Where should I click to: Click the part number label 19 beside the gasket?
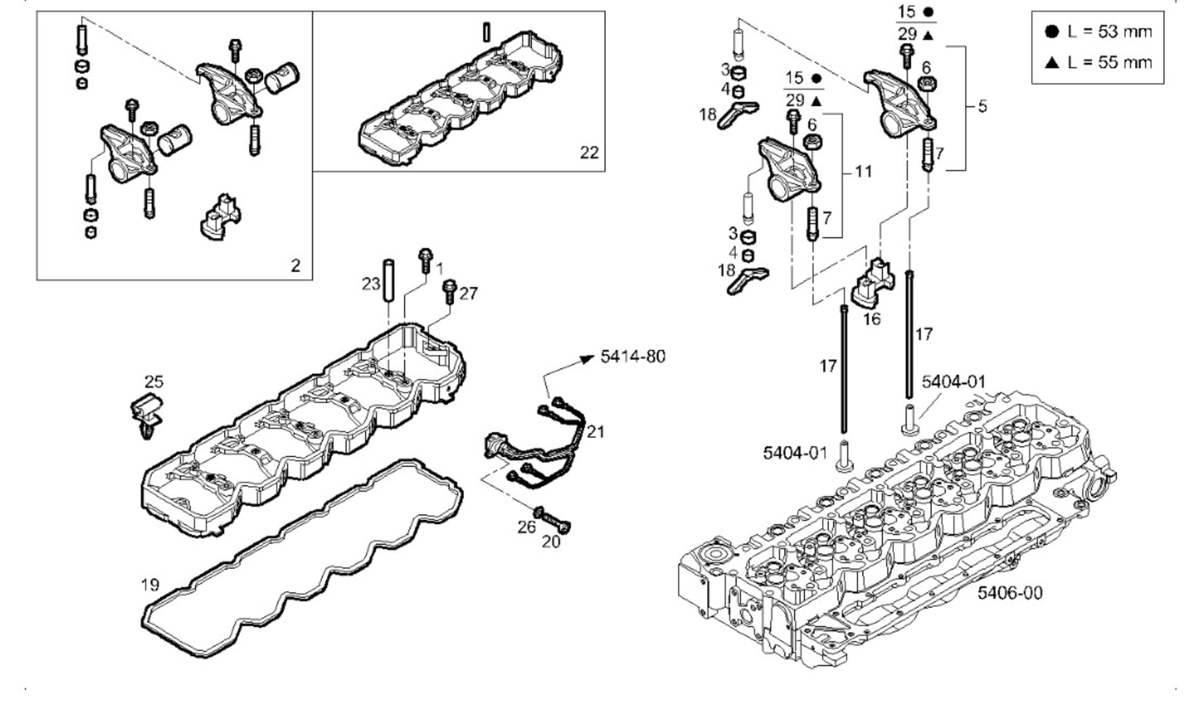pyautogui.click(x=150, y=584)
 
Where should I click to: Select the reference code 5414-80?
pyautogui.click(x=633, y=356)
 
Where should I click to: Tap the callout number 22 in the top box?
pyautogui.click(x=589, y=152)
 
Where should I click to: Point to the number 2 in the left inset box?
pyautogui.click(x=295, y=265)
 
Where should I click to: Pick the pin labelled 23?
pyautogui.click(x=389, y=280)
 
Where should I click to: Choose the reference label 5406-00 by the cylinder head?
pyautogui.click(x=1009, y=592)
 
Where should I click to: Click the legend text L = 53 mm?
pyautogui.click(x=1109, y=31)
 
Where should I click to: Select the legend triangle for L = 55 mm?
pyautogui.click(x=1052, y=62)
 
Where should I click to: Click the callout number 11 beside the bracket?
pyautogui.click(x=863, y=171)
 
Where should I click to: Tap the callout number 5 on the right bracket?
pyautogui.click(x=982, y=107)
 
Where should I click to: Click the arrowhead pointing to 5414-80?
pyautogui.click(x=586, y=358)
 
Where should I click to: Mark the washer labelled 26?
pyautogui.click(x=539, y=512)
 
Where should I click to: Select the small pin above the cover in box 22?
pyautogui.click(x=486, y=31)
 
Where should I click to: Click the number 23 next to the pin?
pyautogui.click(x=371, y=284)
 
